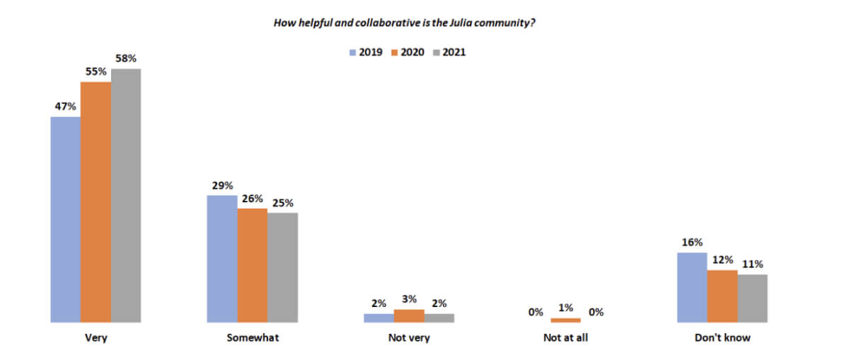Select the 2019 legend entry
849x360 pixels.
click(365, 52)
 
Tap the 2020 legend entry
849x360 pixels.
click(407, 52)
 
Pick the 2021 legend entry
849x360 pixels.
click(448, 52)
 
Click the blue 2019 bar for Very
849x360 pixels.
click(66, 219)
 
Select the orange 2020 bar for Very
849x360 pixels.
click(96, 202)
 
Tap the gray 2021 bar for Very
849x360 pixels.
click(126, 195)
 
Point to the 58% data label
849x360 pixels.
click(126, 59)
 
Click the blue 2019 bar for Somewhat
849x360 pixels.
click(222, 259)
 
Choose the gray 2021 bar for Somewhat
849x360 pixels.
click(283, 267)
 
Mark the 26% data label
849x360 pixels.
click(253, 199)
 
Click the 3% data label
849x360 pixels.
click(409, 299)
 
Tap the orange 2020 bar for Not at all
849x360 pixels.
click(565, 320)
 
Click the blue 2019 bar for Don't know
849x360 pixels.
click(692, 287)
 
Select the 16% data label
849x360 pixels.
click(692, 242)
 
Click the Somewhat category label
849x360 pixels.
click(253, 338)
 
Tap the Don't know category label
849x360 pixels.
click(722, 338)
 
